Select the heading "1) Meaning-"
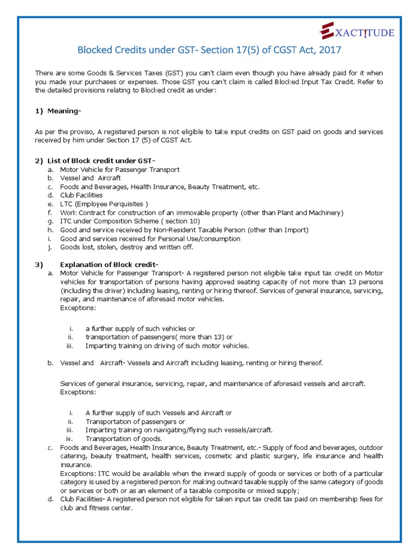58,111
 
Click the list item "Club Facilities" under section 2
81,195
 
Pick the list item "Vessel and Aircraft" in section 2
90,178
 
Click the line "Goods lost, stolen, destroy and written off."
127,247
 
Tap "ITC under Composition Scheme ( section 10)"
130,221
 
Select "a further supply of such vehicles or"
140,329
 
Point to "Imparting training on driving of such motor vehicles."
167,346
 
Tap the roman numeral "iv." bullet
69,438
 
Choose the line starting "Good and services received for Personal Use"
150,239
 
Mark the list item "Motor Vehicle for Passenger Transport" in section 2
119,169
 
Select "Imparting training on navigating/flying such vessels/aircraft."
179,430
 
